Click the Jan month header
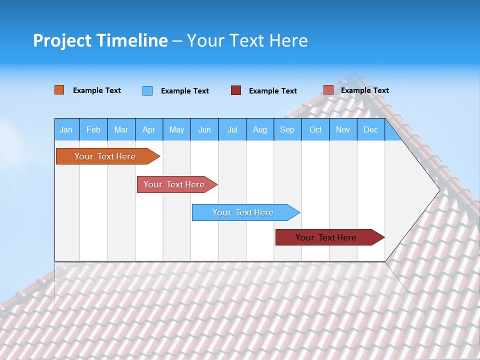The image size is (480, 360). (66, 130)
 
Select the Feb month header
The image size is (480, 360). (93, 130)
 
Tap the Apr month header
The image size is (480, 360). (148, 130)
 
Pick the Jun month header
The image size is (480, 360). (204, 130)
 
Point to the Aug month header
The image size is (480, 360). (260, 130)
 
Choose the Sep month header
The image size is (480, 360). (287, 130)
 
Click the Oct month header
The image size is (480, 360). (315, 130)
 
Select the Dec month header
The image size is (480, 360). (371, 130)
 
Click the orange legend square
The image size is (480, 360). (59, 90)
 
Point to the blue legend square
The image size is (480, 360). (147, 90)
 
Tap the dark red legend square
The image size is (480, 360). (236, 90)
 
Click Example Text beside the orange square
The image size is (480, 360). (97, 90)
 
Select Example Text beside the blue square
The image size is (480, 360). (185, 91)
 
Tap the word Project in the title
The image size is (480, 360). (61, 40)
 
